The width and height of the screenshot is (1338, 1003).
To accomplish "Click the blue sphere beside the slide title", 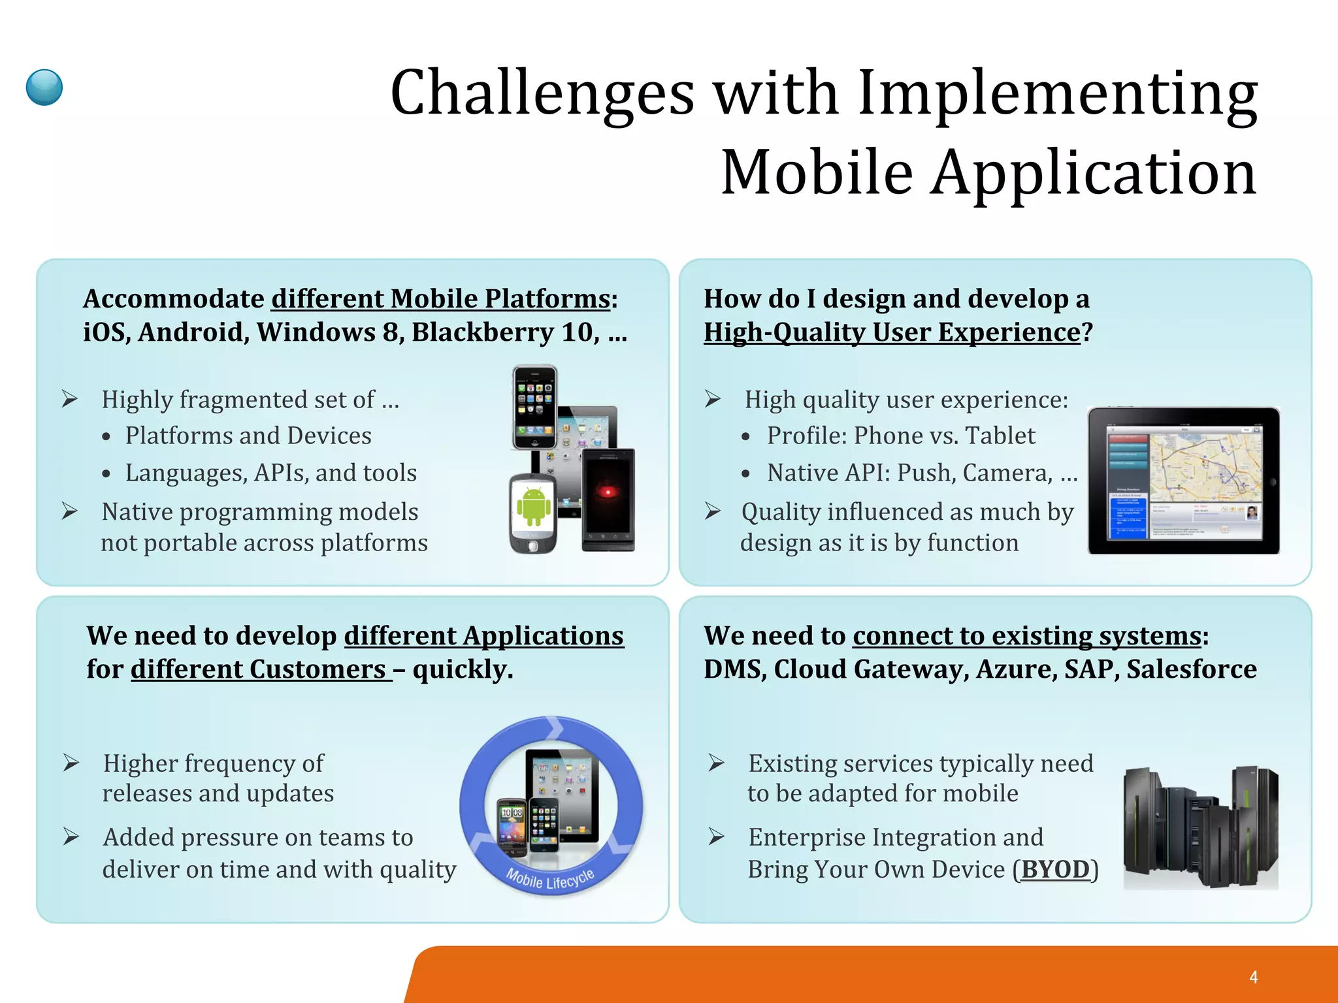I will click(x=44, y=88).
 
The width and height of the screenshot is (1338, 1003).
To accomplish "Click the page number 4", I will click(x=1253, y=977).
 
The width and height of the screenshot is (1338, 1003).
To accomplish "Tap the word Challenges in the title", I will click(x=542, y=93).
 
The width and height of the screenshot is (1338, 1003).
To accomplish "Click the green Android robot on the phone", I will click(x=533, y=506).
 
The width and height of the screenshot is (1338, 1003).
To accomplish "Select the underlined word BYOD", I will click(x=1055, y=869).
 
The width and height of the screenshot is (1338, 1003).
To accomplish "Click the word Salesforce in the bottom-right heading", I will click(x=1191, y=669).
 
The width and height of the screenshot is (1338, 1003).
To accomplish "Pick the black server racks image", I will click(x=1201, y=828).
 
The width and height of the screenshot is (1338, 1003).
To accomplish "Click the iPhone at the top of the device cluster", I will click(x=534, y=407).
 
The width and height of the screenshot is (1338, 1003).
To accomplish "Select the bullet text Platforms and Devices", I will click(x=248, y=436).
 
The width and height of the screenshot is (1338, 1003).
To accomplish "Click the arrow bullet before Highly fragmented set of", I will click(x=70, y=398).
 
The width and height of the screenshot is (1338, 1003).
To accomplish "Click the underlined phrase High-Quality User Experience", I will click(x=892, y=332).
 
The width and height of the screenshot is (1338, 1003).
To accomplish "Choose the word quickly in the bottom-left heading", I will click(x=463, y=669).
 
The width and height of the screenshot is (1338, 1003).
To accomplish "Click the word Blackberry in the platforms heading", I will click(x=482, y=332).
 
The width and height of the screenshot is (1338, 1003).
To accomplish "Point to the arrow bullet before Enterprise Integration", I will click(x=717, y=836).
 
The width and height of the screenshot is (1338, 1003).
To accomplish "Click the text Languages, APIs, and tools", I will click(x=270, y=473).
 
